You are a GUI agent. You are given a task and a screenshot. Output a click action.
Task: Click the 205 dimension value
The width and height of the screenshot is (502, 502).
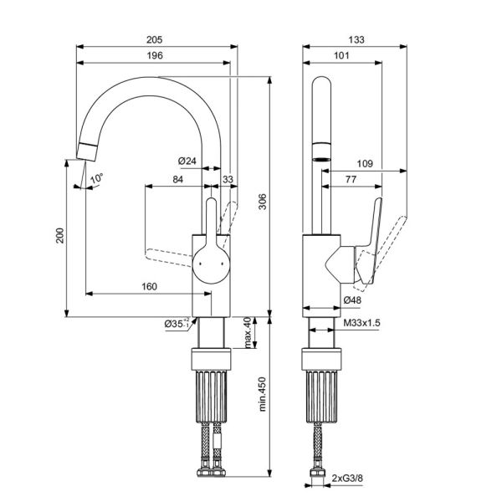coord(154,39)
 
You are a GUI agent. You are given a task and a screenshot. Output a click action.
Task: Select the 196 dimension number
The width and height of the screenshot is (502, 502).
coord(155,55)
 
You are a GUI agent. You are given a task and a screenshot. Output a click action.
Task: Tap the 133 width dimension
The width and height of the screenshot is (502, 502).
coord(356,39)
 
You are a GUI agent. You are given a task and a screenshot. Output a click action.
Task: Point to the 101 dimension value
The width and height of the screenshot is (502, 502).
coord(341,55)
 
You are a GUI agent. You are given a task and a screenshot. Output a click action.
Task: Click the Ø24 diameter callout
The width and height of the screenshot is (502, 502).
coord(187,161)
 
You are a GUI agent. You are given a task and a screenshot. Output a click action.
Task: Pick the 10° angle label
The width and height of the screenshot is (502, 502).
coord(96,178)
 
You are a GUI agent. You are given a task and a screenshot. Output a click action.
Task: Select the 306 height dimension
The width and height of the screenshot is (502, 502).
coord(263,202)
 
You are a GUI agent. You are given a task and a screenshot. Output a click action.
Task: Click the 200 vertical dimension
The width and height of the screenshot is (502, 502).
coord(60,235)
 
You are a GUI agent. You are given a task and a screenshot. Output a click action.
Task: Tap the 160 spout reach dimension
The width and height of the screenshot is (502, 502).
coord(150,286)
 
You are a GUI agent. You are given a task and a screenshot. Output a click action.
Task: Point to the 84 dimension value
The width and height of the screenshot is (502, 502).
coord(178,179)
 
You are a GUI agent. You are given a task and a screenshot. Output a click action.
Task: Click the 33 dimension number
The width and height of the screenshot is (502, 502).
coord(228,179)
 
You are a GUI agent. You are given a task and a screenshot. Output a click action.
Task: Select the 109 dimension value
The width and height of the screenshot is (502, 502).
coord(365,164)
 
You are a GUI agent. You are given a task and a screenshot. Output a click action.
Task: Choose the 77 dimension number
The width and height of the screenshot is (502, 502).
coord(351,179)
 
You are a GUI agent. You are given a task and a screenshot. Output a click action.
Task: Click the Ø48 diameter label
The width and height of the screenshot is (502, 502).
coord(352,300)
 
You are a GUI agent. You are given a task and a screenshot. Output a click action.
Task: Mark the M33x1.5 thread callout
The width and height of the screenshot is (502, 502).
coord(361,323)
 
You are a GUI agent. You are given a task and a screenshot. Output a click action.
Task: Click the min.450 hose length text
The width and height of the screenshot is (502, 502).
coord(263,394)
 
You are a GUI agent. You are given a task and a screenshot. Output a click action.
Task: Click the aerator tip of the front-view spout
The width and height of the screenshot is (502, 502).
coord(86,151)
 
